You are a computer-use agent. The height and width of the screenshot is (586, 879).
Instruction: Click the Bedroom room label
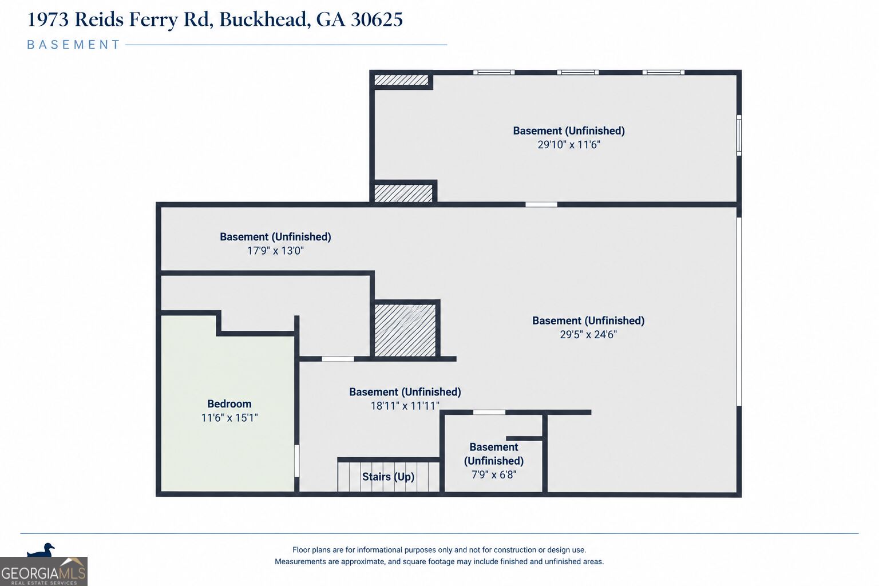[x=229, y=403]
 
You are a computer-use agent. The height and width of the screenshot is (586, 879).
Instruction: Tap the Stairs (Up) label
[x=388, y=477]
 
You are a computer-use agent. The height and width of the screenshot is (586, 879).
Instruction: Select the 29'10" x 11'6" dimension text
[x=569, y=144]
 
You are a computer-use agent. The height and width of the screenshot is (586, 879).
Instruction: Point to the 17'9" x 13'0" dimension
[x=275, y=251]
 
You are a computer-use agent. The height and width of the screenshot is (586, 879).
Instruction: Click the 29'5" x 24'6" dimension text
[x=588, y=334]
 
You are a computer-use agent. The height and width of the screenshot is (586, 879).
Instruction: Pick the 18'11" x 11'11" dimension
[x=405, y=406]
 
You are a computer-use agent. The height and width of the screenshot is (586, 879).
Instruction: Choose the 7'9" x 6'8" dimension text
[x=494, y=474]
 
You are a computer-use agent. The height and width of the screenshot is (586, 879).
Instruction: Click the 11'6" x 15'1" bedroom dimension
[x=229, y=418]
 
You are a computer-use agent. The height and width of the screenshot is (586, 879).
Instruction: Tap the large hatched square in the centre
[x=405, y=330]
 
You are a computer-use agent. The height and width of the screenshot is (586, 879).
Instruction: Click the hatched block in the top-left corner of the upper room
[x=401, y=80]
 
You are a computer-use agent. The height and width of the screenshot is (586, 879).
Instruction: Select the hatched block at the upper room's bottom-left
[x=403, y=193]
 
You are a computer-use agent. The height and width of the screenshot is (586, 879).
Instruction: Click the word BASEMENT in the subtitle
[x=73, y=45]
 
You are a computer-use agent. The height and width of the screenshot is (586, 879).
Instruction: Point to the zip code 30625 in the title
[x=377, y=19]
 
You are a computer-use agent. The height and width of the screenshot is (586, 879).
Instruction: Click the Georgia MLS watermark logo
[x=43, y=572]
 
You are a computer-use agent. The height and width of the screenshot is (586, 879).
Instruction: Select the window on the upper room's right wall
[x=739, y=135]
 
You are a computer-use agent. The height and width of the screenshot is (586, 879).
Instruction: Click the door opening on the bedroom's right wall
[x=297, y=461]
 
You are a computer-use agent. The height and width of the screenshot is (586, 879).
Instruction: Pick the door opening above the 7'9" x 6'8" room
[x=489, y=412]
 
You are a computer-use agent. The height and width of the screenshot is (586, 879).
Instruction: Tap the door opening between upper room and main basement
[x=541, y=204]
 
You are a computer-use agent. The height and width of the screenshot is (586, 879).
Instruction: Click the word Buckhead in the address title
[x=263, y=19]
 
